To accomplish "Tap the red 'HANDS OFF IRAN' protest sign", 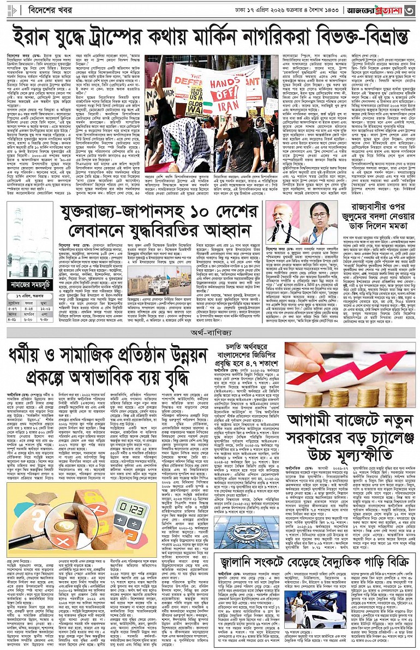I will pos(224,90).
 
